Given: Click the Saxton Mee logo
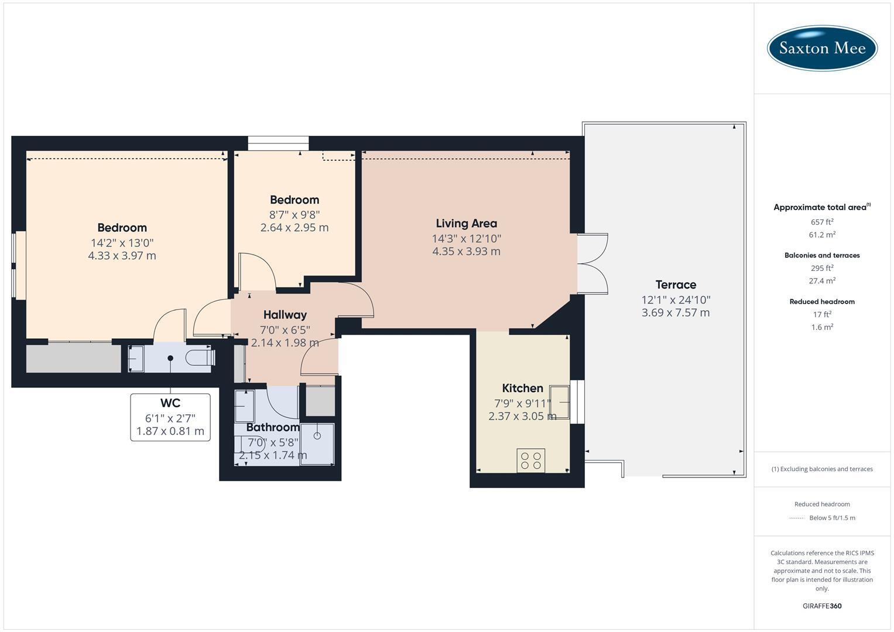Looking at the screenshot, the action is tap(822, 48).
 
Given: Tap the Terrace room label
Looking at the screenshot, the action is tap(676, 284).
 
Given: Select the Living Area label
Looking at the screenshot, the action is tap(466, 224).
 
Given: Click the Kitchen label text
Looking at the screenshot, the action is tap(522, 388).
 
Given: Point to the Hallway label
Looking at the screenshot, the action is tap(285, 315).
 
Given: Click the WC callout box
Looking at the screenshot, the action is tap(170, 417).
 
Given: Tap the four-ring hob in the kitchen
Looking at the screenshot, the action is tap(531, 461).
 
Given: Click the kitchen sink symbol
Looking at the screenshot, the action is tap(560, 402).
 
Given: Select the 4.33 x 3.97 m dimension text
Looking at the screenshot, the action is tap(122, 255).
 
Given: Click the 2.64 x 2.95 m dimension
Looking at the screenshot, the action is tap(294, 228).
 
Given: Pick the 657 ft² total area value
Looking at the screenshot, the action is tap(822, 222).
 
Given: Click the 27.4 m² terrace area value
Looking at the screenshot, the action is tap(822, 280).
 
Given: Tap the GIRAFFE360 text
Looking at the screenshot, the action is tap(822, 606).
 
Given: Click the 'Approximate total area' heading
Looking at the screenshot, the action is tap(822, 207).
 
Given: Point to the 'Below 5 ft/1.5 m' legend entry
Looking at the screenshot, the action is tap(822, 517).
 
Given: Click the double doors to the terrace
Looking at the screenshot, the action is tap(593, 264).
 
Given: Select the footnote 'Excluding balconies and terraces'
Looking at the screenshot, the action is tap(822, 469).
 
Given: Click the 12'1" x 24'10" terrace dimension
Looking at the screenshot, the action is tap(676, 300).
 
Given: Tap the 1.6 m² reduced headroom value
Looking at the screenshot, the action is tap(822, 327).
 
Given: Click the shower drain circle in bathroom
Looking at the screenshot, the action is tap(317, 436).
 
